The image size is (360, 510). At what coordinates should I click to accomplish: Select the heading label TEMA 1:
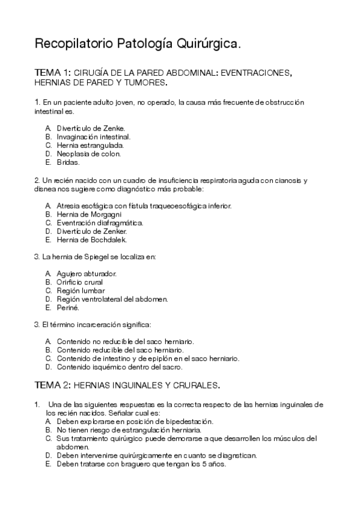53,73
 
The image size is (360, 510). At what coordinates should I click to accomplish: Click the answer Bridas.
68,162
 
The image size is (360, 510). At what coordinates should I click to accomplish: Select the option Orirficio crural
79,282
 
